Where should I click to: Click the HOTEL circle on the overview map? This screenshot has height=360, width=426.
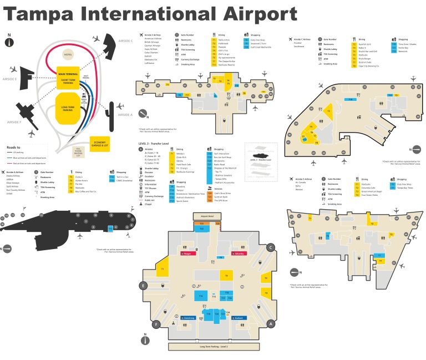[x=68, y=54]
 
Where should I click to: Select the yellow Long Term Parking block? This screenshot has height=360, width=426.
[x=68, y=105]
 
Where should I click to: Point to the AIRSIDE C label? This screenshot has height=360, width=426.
[x=125, y=40]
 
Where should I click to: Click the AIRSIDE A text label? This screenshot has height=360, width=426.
[x=124, y=115]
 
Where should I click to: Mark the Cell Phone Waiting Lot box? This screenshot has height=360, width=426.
[x=79, y=150]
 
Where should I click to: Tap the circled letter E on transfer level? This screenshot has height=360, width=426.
[x=143, y=286]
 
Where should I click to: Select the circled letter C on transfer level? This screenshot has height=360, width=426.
[x=271, y=247]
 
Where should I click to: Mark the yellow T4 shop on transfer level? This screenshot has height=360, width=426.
[x=226, y=275]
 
